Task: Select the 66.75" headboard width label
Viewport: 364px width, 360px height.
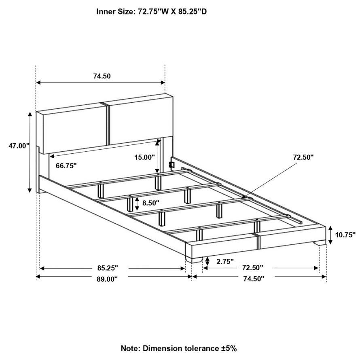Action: click(x=63, y=166)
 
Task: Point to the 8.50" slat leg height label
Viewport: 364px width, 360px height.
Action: click(x=151, y=203)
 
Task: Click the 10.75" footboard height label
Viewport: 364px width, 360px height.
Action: click(x=345, y=235)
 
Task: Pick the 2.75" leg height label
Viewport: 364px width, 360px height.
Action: click(x=225, y=262)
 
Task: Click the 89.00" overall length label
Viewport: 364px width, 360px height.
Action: click(x=107, y=279)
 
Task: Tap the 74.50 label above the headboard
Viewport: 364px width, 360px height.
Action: click(x=102, y=76)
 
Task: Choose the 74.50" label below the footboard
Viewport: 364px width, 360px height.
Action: click(x=253, y=279)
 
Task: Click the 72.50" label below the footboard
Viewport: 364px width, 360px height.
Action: click(x=252, y=268)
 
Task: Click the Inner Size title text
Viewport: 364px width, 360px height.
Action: click(x=151, y=11)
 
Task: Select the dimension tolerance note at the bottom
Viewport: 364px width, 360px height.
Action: click(x=178, y=348)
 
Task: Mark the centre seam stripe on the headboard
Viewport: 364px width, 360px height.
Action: click(x=107, y=123)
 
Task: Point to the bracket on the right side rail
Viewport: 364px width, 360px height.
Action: click(x=171, y=165)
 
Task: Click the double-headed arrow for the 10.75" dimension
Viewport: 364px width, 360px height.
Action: click(x=330, y=235)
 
